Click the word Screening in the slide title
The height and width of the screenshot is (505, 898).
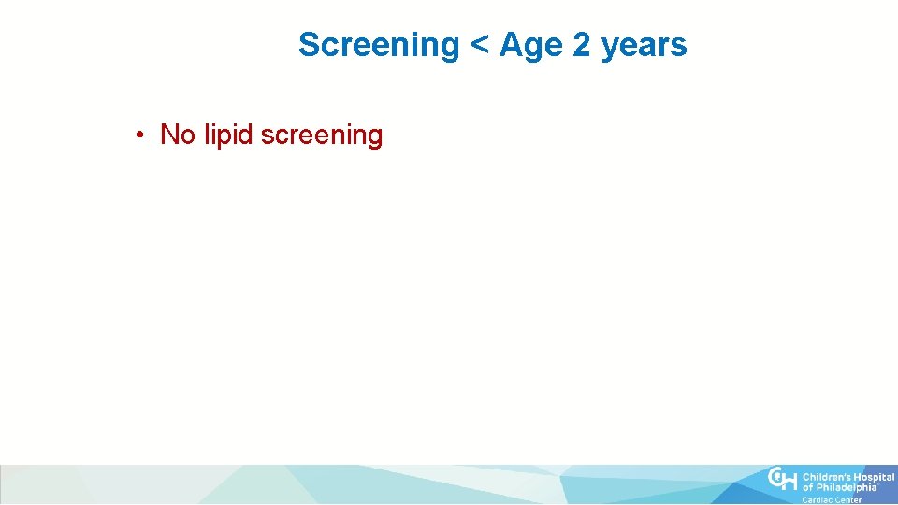[x=378, y=45]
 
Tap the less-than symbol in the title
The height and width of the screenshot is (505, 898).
[x=479, y=46]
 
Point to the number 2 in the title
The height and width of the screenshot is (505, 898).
[x=581, y=45]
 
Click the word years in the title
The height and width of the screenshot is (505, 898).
[x=645, y=46]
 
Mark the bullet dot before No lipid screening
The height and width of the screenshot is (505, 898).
[x=138, y=136]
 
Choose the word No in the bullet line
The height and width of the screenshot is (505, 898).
[x=177, y=135]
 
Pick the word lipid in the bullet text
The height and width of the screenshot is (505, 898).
[x=227, y=136]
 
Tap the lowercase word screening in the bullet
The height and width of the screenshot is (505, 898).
[x=322, y=136]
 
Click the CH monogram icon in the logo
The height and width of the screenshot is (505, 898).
[x=783, y=480]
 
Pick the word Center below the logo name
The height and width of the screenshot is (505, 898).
[x=847, y=500]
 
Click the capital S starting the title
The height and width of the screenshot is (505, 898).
[x=310, y=45]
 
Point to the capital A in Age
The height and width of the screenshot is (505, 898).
[x=511, y=45]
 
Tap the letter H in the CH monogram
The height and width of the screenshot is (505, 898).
[x=790, y=481]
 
